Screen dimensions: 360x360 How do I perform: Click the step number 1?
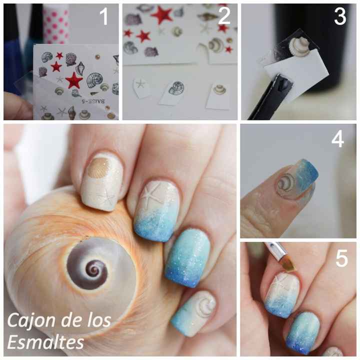(x=103, y=17)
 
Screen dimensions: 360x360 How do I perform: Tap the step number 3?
(x=340, y=17)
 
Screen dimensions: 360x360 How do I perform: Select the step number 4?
(x=337, y=138)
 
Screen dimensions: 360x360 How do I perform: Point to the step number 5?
(x=341, y=258)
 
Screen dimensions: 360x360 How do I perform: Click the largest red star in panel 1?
(x=74, y=80)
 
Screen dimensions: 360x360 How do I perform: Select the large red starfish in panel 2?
(x=162, y=14)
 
